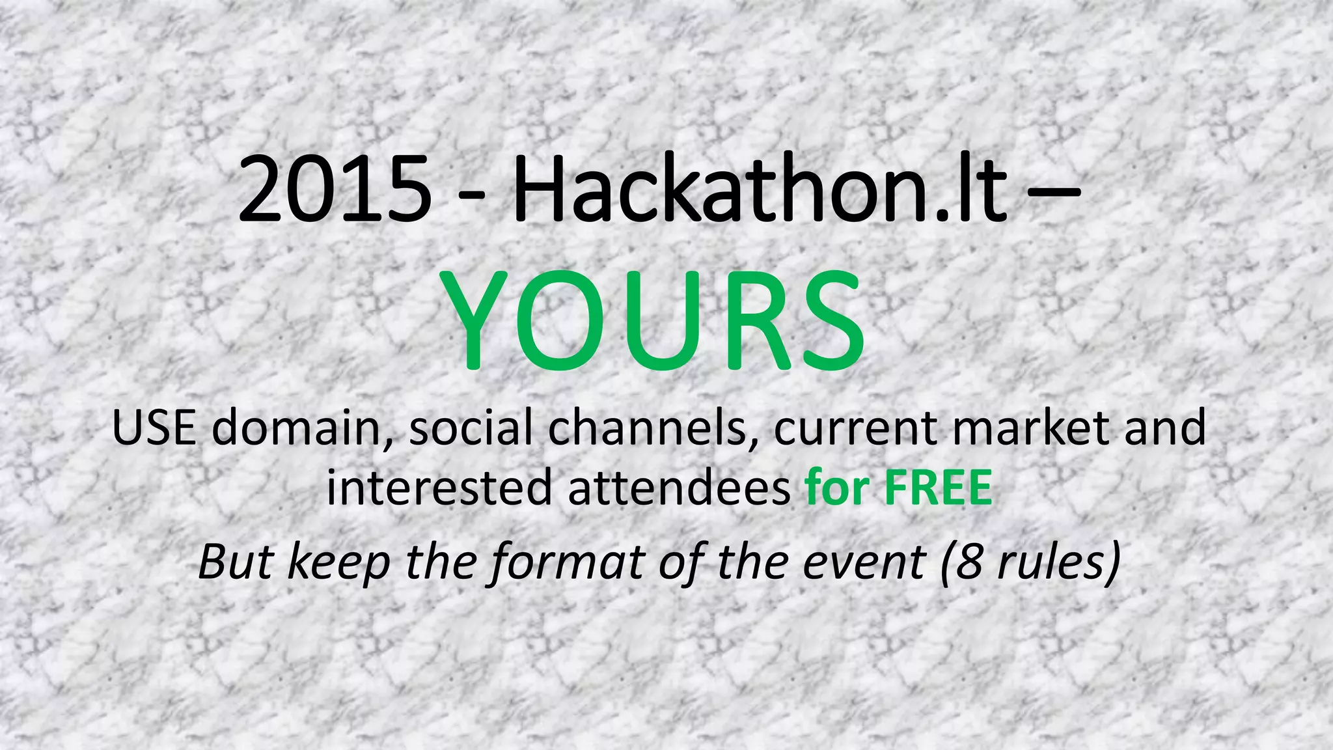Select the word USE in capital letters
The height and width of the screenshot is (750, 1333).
tap(154, 428)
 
